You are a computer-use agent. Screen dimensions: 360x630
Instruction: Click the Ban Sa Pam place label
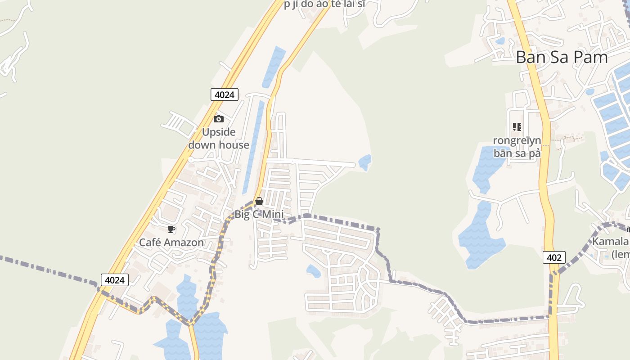[x=562, y=57]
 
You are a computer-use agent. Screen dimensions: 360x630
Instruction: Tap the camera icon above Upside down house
[x=219, y=119]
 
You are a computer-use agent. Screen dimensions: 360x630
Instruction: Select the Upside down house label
[x=219, y=139]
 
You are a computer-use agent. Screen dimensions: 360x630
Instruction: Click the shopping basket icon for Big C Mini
[x=259, y=201]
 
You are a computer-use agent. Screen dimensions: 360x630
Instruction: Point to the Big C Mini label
[x=259, y=214]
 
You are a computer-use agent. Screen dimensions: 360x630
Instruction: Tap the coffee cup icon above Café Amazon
[x=171, y=229]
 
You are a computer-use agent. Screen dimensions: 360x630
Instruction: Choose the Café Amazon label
[x=171, y=243]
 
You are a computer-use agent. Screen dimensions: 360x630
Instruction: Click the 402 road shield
[x=554, y=257]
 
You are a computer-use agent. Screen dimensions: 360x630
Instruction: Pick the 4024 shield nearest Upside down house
[x=224, y=94]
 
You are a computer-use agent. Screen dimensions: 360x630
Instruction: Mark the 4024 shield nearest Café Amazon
[x=114, y=280]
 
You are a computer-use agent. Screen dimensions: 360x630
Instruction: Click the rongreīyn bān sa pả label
[x=517, y=147]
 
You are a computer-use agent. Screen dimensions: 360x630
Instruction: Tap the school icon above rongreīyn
[x=517, y=127]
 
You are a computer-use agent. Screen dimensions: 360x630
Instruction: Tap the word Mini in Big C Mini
[x=273, y=214]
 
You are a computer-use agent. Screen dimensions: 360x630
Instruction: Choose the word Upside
[x=219, y=132]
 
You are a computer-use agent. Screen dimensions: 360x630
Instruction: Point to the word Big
[x=242, y=215]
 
